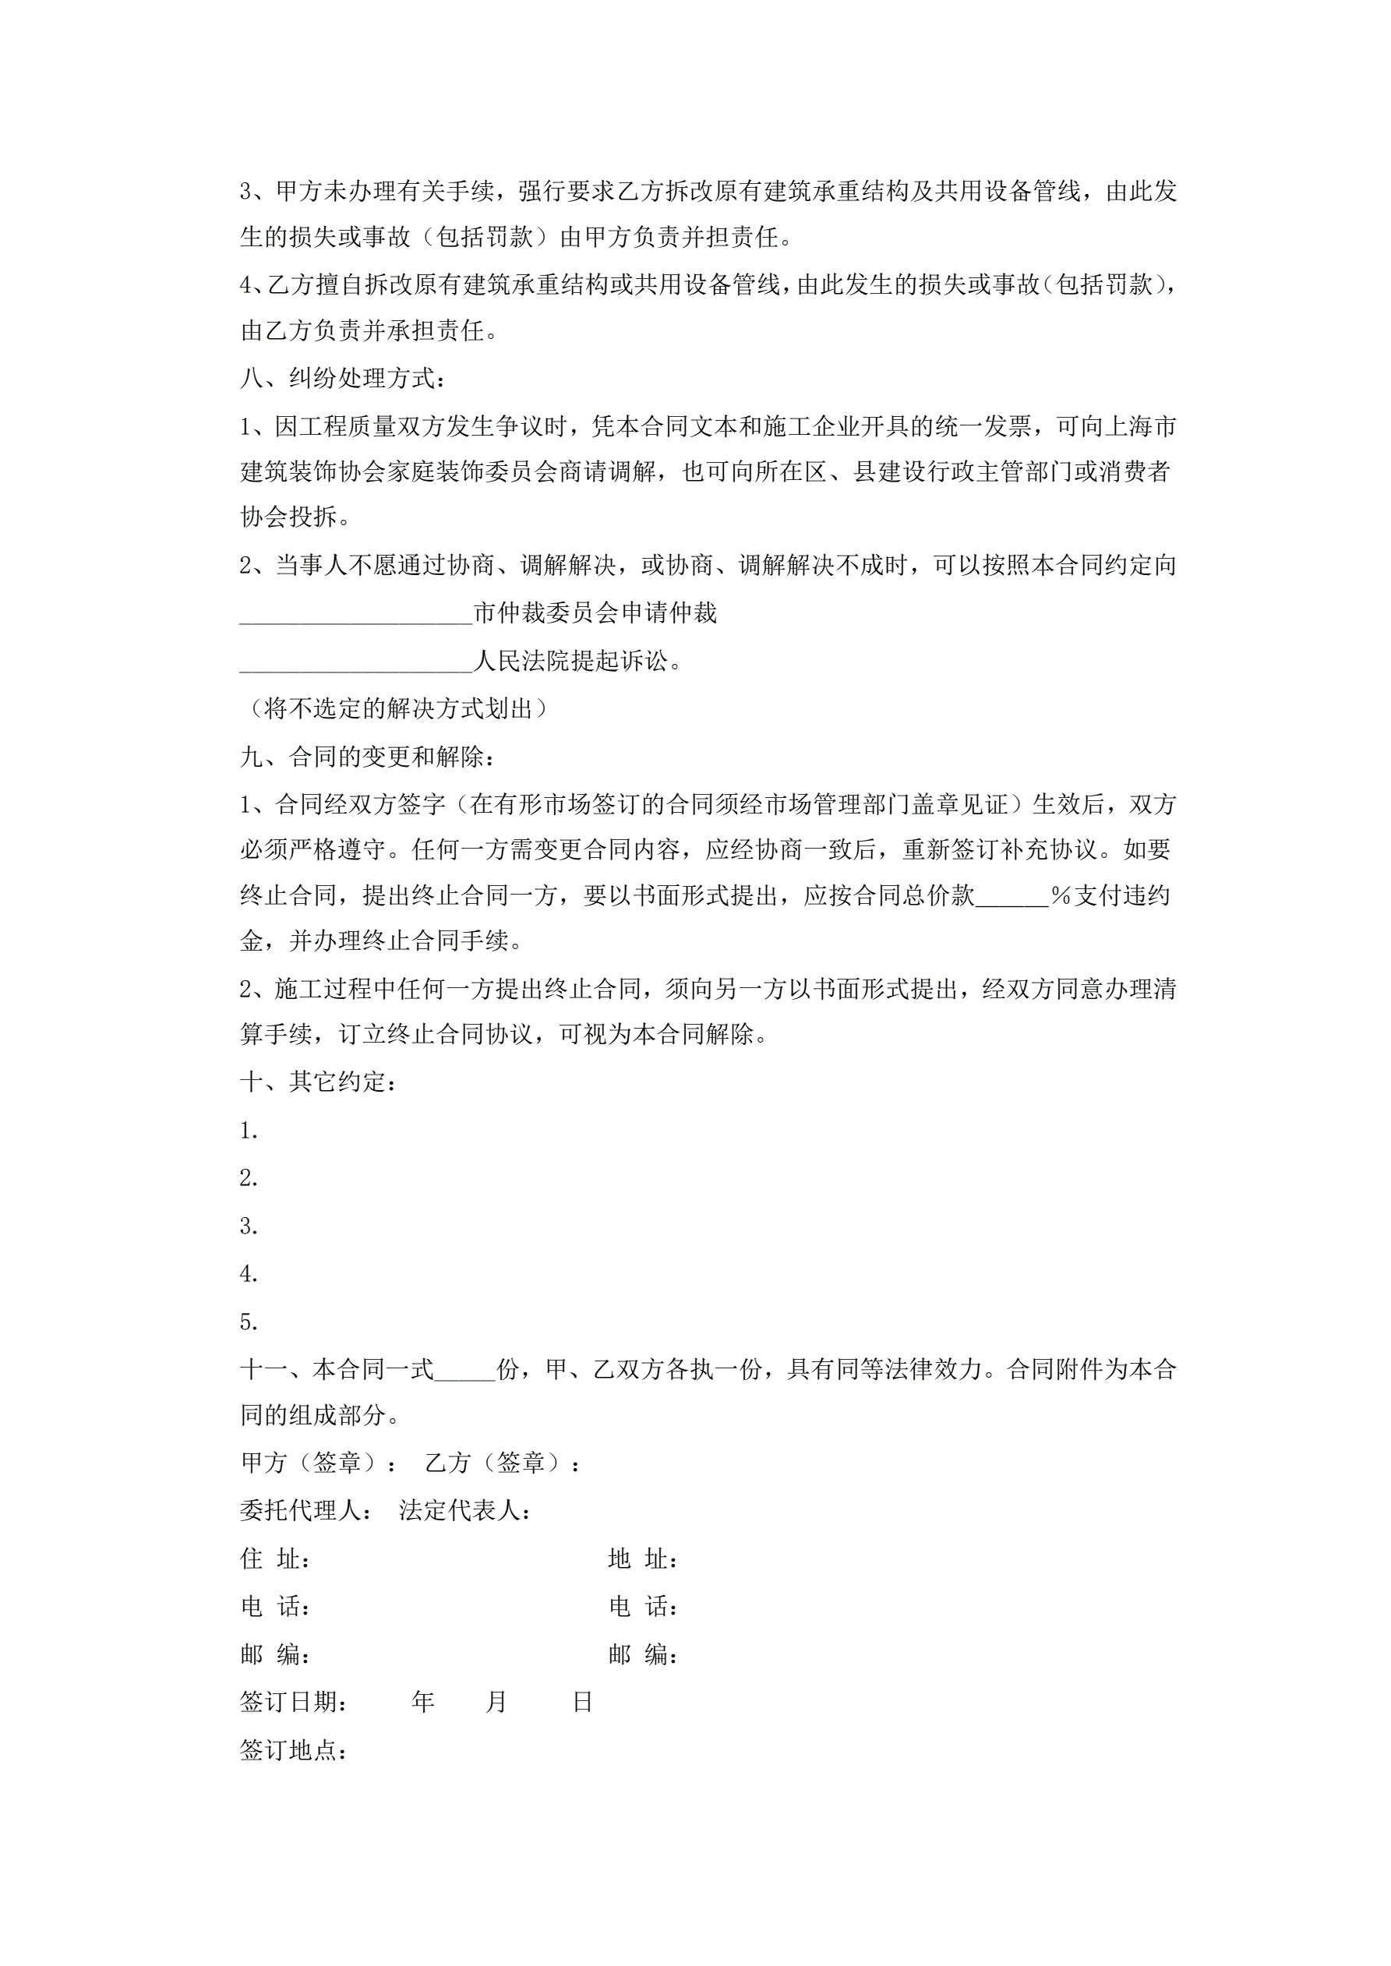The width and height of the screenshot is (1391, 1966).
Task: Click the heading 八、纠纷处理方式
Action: click(343, 378)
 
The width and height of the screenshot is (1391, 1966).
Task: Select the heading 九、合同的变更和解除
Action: click(366, 757)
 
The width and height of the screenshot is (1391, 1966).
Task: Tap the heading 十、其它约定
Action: click(319, 1082)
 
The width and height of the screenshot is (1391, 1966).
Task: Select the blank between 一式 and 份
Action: click(464, 1370)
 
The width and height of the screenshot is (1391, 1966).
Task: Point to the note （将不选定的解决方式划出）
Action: click(394, 709)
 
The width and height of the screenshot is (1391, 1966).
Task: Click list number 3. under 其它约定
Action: click(249, 1227)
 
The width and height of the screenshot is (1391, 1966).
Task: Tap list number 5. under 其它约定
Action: click(249, 1323)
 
